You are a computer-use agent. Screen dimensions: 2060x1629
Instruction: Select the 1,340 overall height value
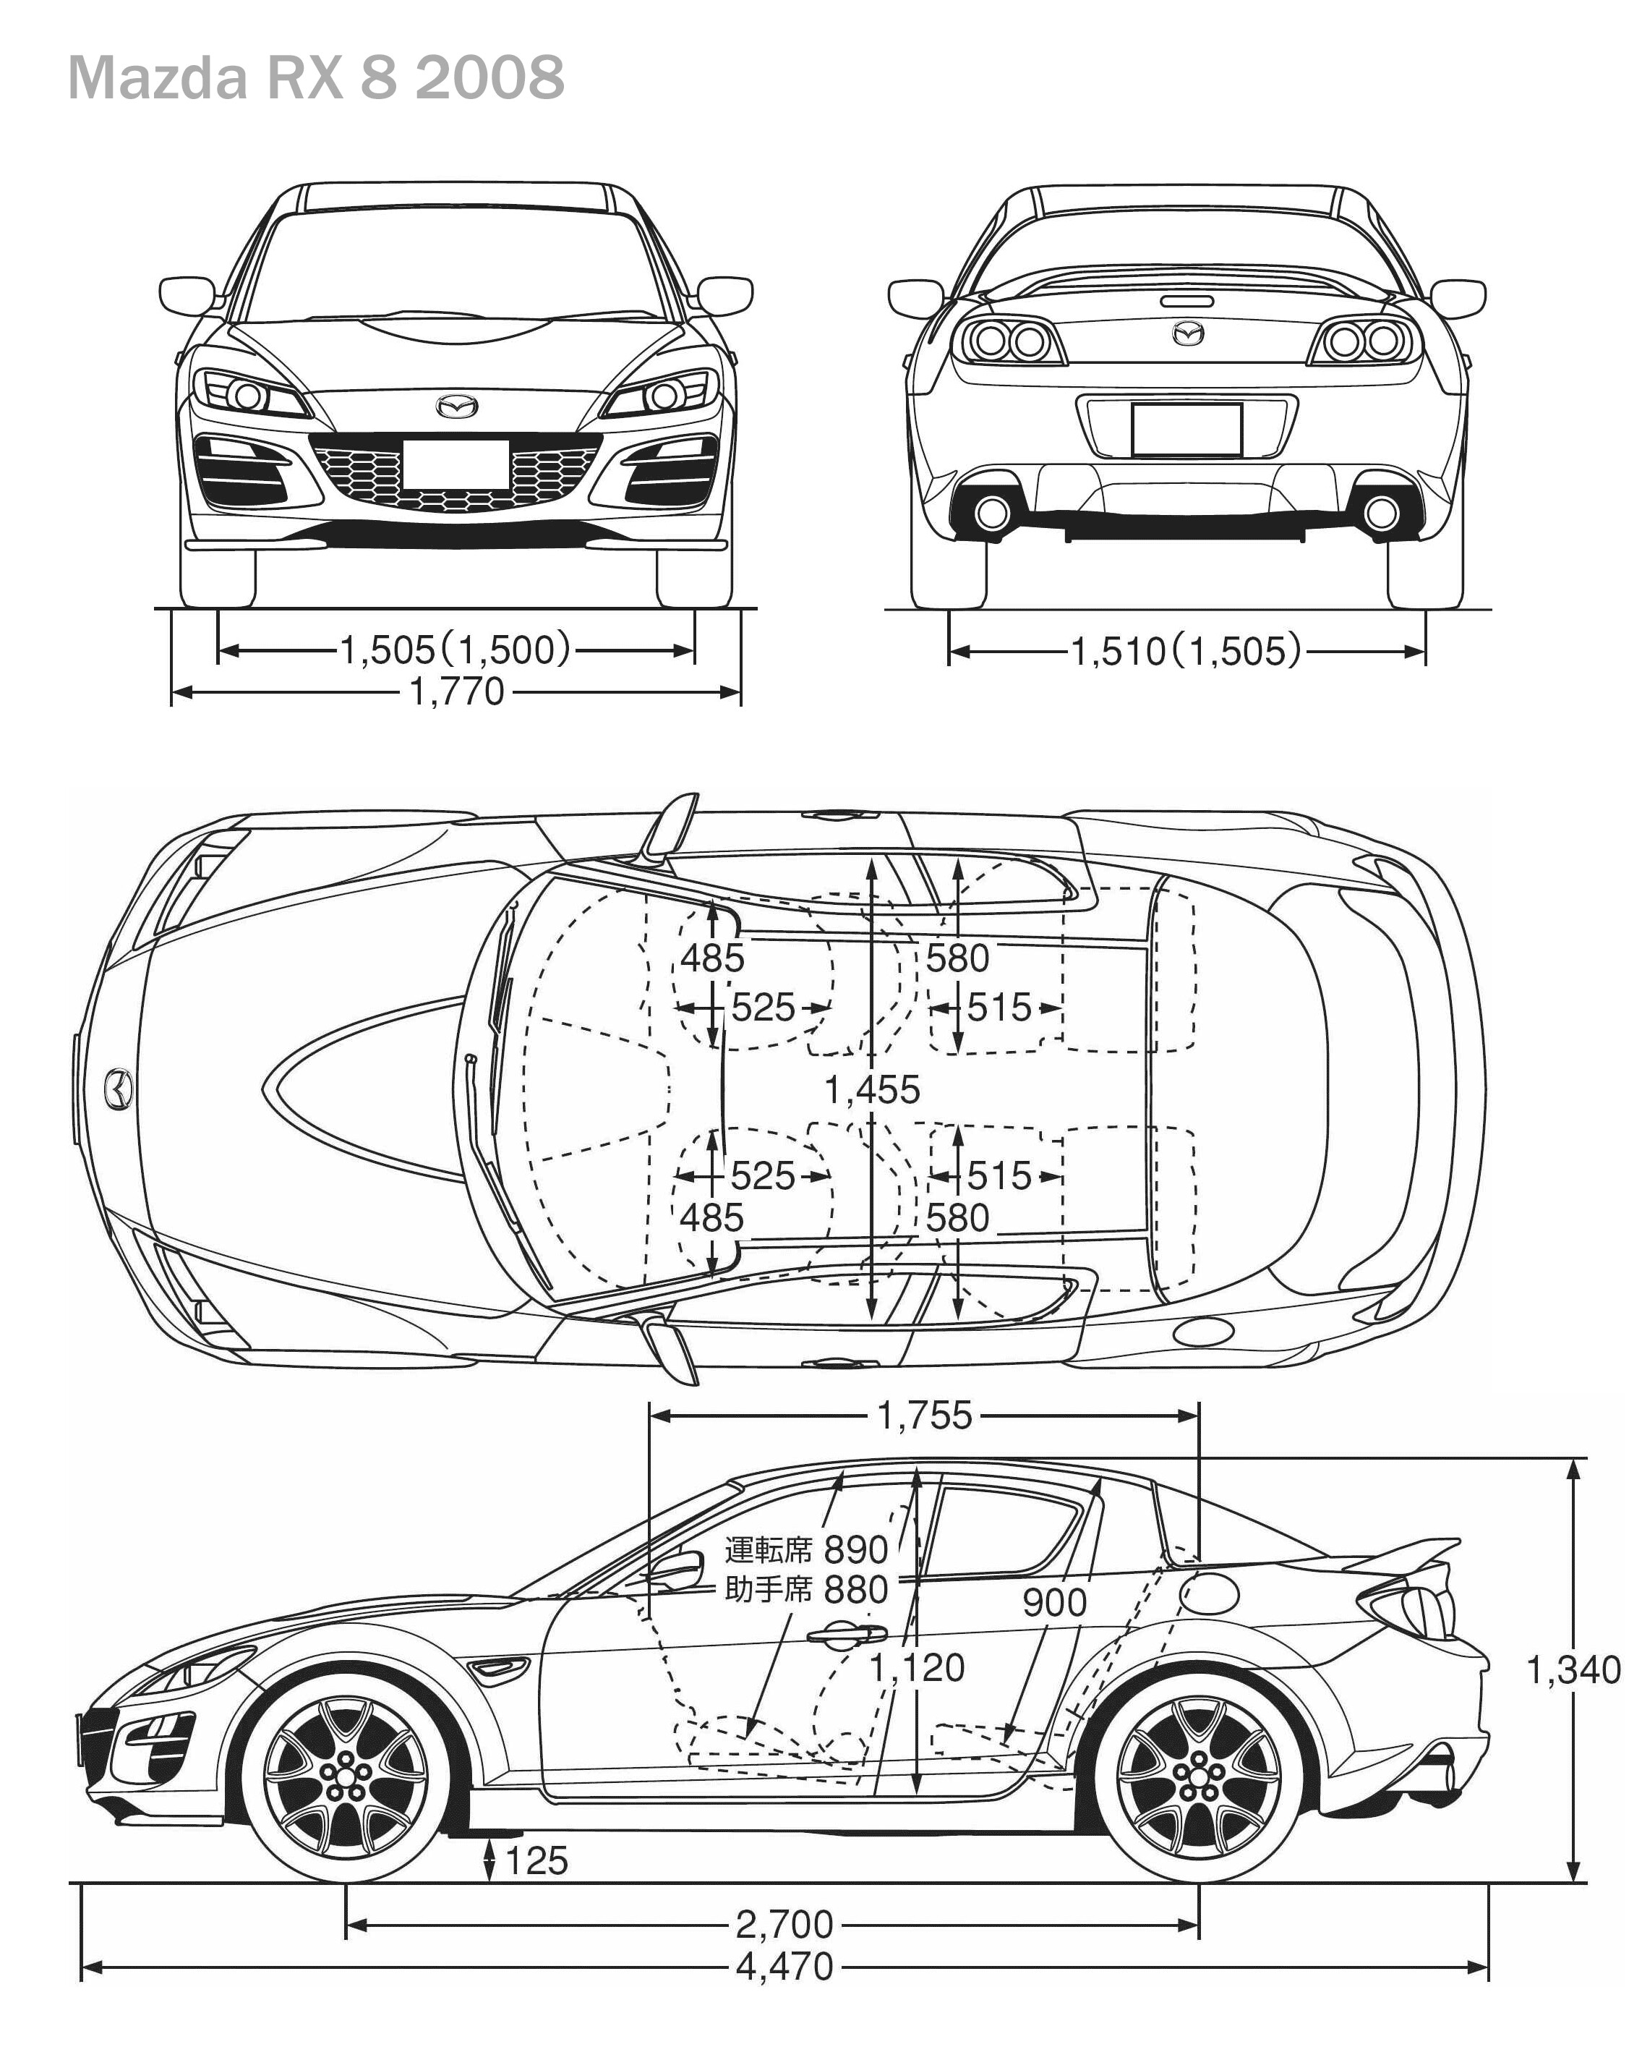(1573, 1669)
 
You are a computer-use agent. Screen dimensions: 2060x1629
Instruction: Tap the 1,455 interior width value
(872, 1089)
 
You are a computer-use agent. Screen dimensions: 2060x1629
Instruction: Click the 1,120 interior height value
(918, 1667)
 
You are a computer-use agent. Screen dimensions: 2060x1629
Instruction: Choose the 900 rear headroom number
(1054, 1603)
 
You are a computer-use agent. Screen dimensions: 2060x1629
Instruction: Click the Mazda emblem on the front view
(457, 407)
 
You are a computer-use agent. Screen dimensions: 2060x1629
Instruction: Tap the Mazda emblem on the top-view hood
(119, 1089)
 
